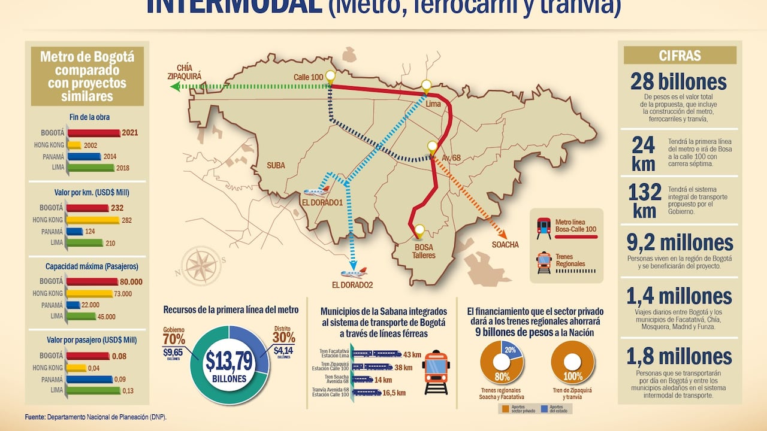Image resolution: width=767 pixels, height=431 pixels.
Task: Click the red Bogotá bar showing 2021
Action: pos(93,133)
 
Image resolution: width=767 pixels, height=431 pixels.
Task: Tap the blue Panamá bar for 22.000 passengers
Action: pos(74,305)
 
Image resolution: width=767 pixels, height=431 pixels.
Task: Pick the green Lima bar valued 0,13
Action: pos(93,390)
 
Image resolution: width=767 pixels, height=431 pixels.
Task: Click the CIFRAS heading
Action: pos(680,56)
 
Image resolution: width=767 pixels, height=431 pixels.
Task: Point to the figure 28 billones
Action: pos(678,81)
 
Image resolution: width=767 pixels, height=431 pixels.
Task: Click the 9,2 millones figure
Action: pos(680,243)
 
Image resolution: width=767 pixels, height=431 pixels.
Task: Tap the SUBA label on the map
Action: pos(276,165)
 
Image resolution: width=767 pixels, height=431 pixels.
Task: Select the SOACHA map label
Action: pos(505,244)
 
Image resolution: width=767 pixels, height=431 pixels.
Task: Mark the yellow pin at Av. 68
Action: pos(432,147)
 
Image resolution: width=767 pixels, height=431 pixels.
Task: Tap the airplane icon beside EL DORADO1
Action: pos(317,192)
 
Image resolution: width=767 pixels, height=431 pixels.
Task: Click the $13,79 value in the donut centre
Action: pos(228,360)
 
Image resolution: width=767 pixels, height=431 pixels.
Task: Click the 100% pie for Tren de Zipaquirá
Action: pos(572,362)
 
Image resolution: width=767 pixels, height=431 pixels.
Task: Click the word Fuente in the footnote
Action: pos(35,417)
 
